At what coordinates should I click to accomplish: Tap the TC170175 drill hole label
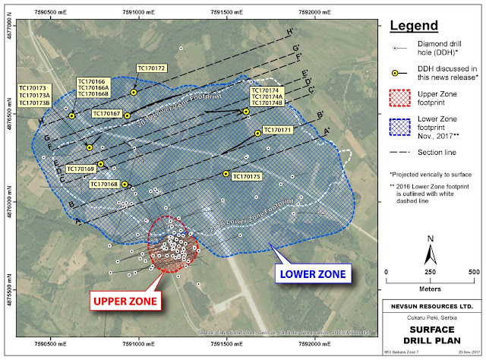(246, 177)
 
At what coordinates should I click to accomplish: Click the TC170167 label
(107, 114)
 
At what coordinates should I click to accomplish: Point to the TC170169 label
(80, 169)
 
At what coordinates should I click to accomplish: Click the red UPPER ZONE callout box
(126, 302)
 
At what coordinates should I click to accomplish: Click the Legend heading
(414, 27)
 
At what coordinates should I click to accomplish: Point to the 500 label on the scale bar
(472, 271)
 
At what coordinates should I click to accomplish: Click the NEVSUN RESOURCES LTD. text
(430, 306)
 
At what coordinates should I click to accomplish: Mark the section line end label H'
(289, 33)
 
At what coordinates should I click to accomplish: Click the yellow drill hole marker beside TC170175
(226, 174)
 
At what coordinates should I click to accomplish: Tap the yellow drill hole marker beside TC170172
(134, 92)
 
